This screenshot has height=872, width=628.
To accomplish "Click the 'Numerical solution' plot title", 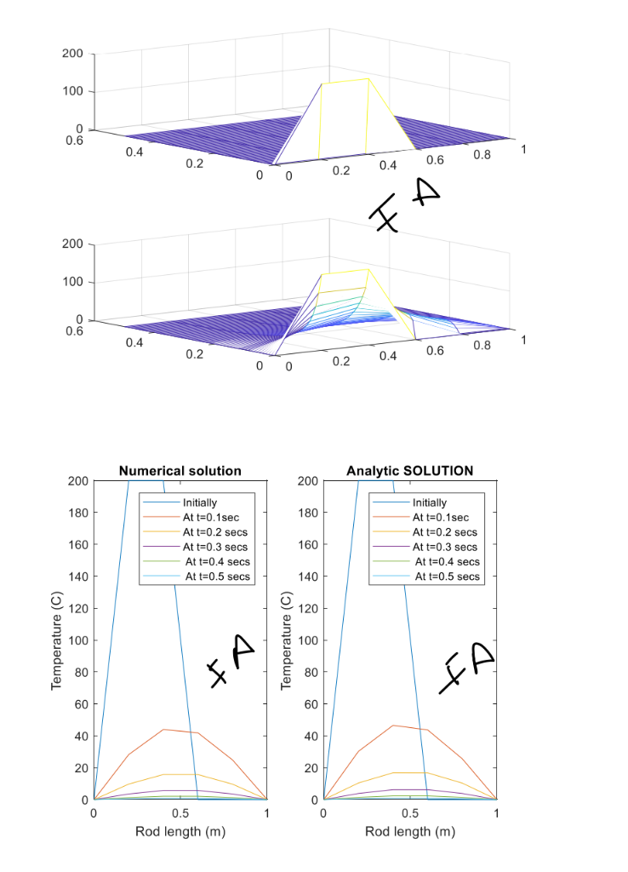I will [x=180, y=470].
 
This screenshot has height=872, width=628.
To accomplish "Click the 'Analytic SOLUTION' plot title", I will [x=409, y=470].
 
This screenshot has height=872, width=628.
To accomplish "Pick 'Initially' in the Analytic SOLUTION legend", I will [x=429, y=502].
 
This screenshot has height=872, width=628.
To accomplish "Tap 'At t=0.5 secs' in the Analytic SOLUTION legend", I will [x=447, y=577].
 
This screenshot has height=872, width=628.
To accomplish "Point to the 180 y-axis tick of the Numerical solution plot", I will [x=77, y=513].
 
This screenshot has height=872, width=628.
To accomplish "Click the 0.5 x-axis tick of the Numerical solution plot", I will [x=180, y=813].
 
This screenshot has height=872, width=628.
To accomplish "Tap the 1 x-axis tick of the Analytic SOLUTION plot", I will [x=496, y=813].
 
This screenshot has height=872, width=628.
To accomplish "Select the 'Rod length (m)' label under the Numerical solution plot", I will [x=180, y=831].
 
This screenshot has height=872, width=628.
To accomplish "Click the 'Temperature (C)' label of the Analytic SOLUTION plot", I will [x=287, y=640].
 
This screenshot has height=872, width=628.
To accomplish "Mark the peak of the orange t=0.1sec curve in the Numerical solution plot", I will [x=163, y=730].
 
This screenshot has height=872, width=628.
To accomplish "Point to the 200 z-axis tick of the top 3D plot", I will [x=72, y=54].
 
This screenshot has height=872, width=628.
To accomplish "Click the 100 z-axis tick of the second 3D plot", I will [x=72, y=282].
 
